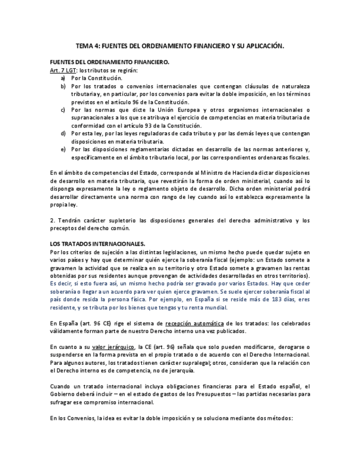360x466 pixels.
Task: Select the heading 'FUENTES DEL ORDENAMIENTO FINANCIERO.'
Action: coord(102,63)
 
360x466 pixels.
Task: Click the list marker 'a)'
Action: coord(63,79)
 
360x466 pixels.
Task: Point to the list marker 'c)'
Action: coord(63,110)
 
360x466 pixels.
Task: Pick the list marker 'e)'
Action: coord(63,149)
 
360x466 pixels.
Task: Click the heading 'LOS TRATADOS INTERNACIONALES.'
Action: coord(90,244)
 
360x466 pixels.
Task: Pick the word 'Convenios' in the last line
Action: coord(81,418)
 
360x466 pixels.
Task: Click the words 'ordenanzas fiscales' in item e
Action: coord(285,157)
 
